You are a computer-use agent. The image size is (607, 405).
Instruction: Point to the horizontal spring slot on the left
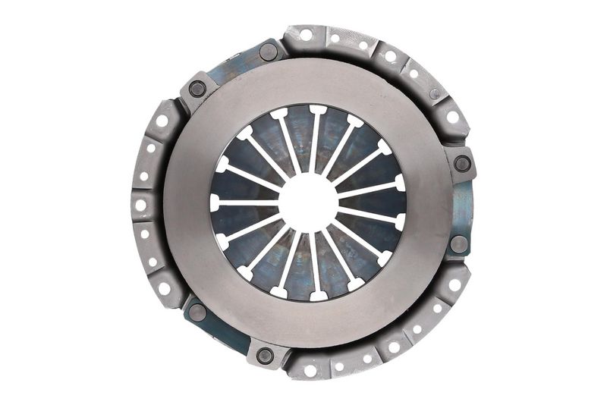(x=244, y=202)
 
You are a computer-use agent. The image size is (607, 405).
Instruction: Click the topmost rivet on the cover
(x=268, y=52)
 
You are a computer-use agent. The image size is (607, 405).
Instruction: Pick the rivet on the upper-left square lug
(x=197, y=88)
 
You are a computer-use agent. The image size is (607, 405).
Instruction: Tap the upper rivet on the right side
(x=461, y=162)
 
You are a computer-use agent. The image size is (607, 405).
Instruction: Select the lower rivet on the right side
(x=458, y=244)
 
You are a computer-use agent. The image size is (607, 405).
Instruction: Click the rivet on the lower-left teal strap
(x=197, y=312)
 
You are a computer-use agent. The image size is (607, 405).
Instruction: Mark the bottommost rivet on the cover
(x=265, y=355)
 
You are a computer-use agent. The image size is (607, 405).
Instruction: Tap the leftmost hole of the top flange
(x=306, y=35)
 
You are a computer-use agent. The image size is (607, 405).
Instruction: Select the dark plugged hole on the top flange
(x=435, y=94)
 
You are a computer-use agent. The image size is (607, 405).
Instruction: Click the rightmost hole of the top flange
(x=453, y=118)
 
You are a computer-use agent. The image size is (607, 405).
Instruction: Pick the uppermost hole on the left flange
(x=162, y=121)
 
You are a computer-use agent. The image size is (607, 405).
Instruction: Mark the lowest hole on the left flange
(x=164, y=287)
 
